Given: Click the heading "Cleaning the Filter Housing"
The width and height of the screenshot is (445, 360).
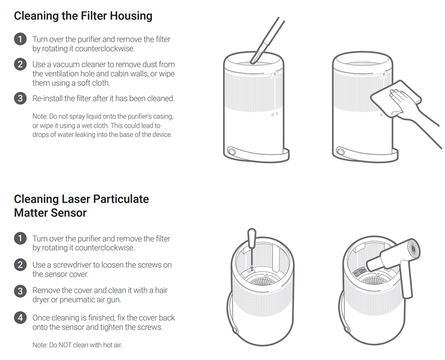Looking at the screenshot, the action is click(83, 16).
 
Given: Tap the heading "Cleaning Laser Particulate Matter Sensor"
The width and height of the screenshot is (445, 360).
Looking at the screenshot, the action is click(81, 205).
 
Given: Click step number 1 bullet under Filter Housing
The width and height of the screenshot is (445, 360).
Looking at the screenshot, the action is click(20, 39).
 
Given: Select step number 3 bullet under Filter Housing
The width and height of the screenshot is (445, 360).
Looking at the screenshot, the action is click(20, 98).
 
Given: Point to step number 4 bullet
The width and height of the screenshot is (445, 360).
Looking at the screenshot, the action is click(20, 318).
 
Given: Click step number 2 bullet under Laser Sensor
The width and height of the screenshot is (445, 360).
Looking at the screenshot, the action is click(20, 265).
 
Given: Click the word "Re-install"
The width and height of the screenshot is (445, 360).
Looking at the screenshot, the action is click(49, 98).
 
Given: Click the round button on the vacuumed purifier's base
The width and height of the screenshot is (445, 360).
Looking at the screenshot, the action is click(233, 152).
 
